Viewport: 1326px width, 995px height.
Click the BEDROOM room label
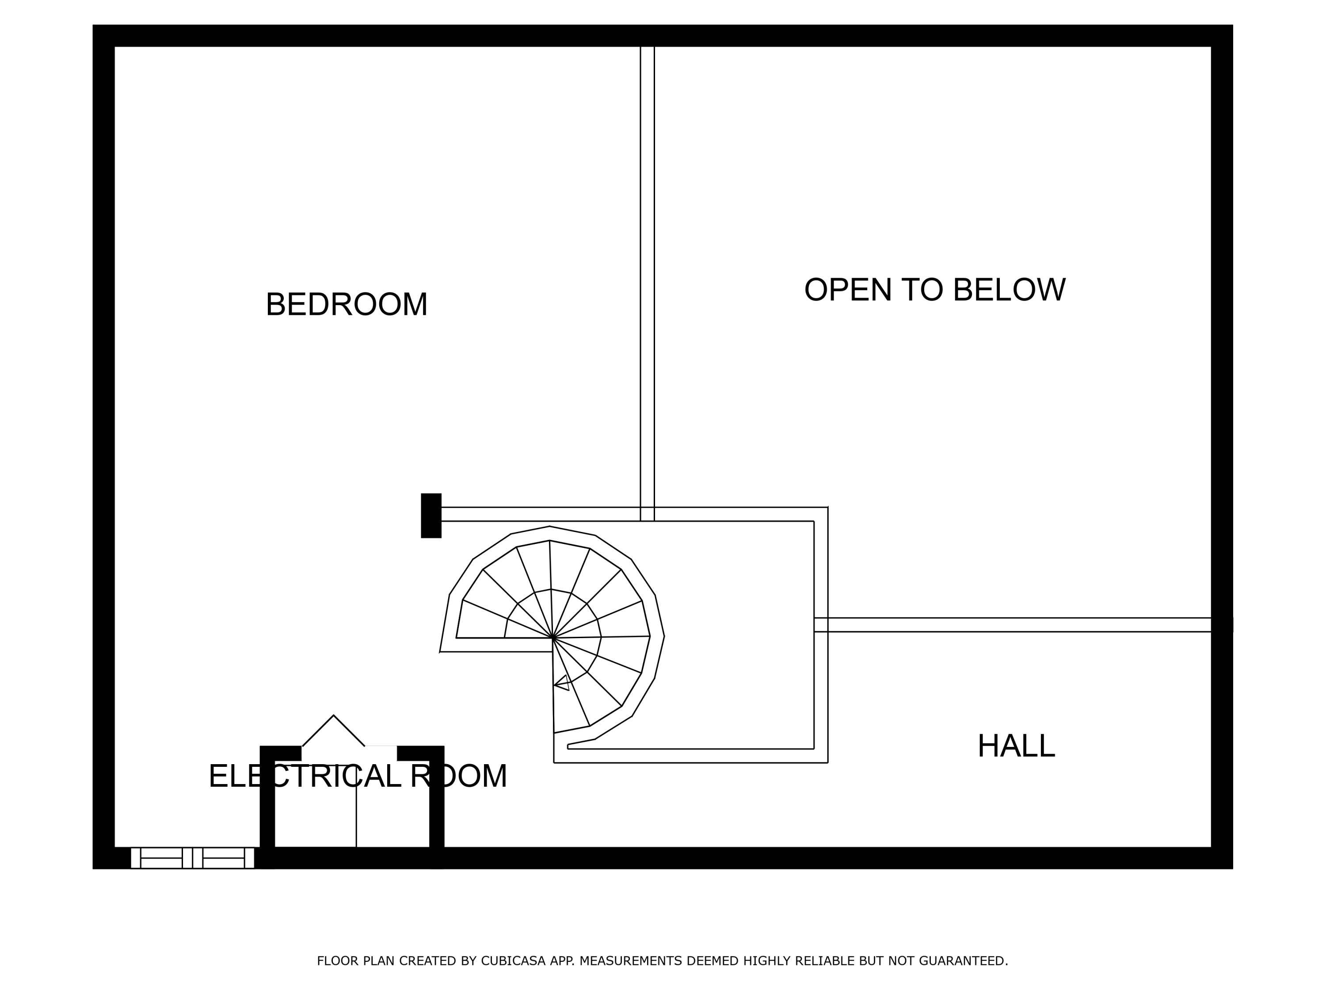(x=347, y=305)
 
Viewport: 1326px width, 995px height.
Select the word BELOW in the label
(x=1009, y=290)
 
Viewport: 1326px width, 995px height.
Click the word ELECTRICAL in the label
(x=305, y=777)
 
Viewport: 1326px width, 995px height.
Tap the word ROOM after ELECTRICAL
(x=459, y=777)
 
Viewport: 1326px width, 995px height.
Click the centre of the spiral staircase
(x=552, y=638)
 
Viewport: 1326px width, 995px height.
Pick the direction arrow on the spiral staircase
(x=562, y=683)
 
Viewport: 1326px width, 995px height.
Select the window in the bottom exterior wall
(x=192, y=858)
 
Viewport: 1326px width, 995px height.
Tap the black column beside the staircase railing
(x=431, y=516)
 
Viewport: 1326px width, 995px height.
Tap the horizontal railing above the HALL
(x=1013, y=624)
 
